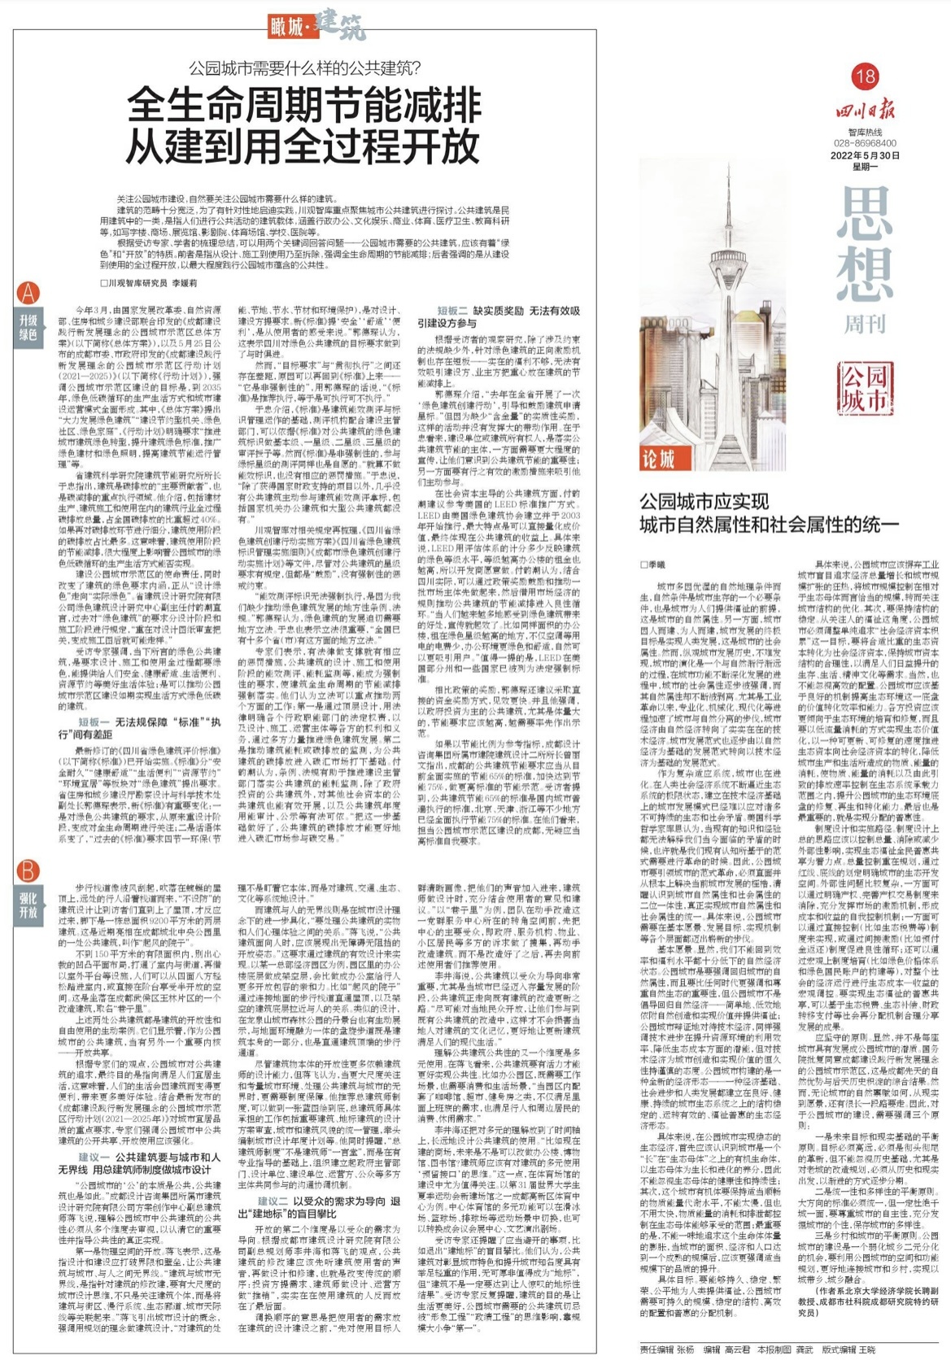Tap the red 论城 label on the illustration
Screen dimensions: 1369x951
658,460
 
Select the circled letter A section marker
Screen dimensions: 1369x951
28,293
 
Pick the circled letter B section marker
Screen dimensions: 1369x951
28,870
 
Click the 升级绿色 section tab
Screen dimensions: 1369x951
28,327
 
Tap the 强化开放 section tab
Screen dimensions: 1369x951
28,905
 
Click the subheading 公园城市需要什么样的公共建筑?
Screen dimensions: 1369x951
304,68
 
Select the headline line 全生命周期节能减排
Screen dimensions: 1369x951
304,106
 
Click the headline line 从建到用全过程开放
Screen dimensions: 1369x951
304,146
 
